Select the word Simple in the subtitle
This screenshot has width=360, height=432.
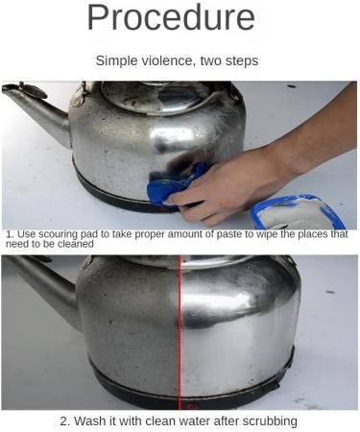(118, 60)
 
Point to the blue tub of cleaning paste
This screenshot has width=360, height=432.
(298, 213)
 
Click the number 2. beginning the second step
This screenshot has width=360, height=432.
(65, 420)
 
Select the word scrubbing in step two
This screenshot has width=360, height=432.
(266, 420)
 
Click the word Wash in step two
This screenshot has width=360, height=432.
(93, 420)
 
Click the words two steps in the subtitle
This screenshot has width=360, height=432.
(232, 60)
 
